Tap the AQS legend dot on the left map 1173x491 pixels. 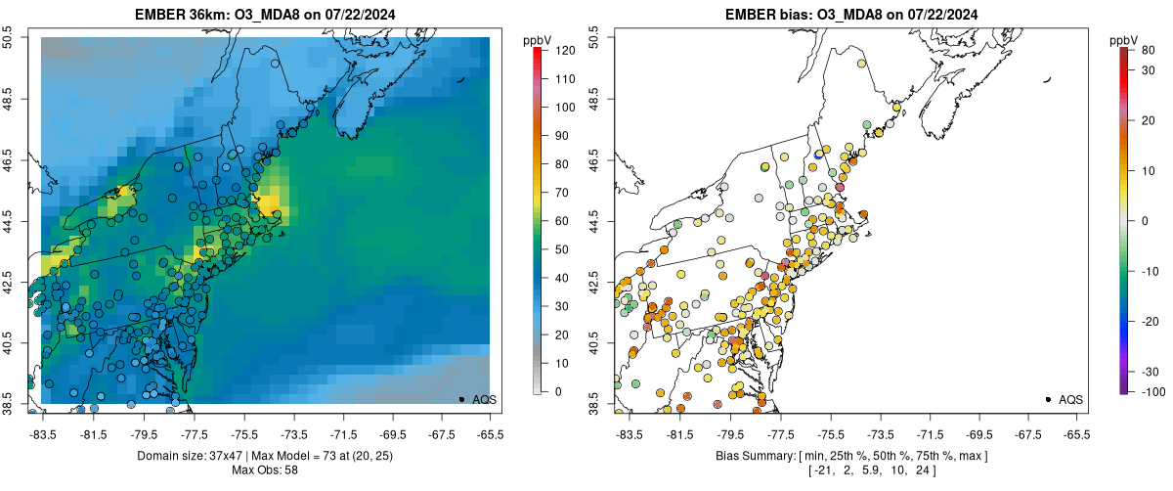coord(461,399)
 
